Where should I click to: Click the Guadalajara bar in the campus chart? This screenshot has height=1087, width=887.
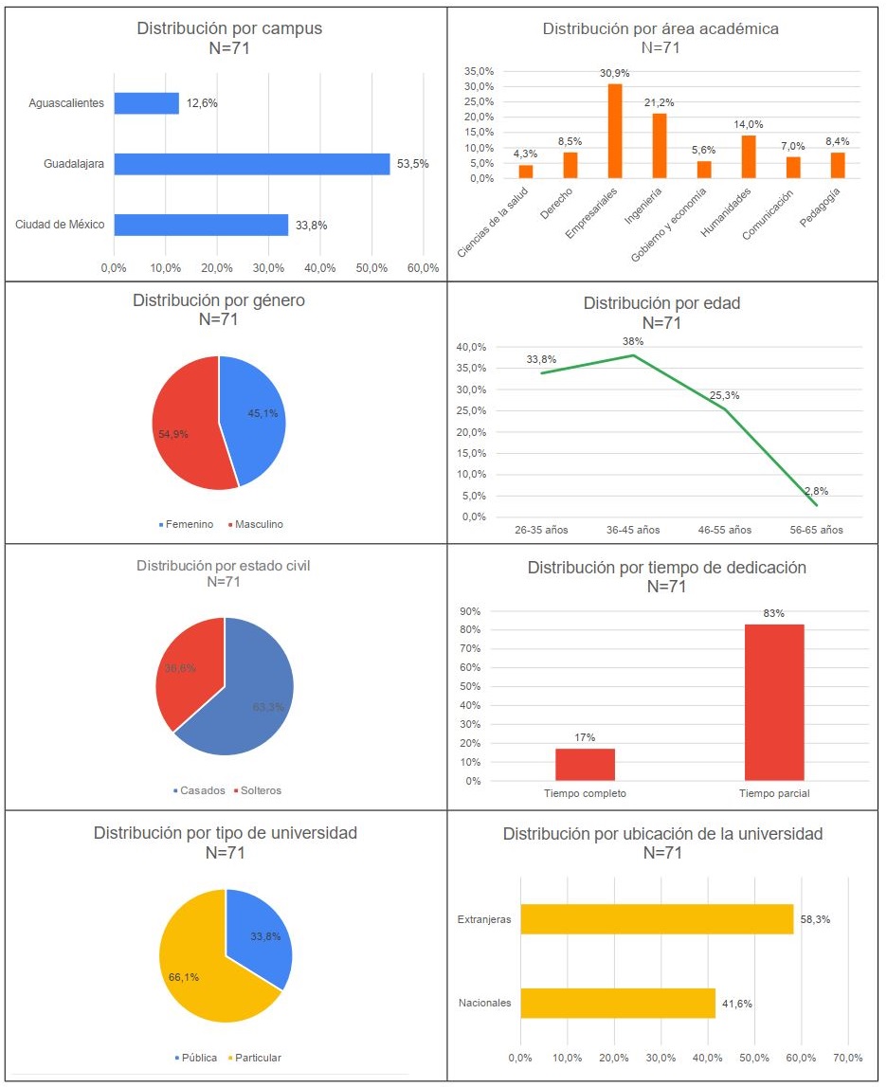[251, 164]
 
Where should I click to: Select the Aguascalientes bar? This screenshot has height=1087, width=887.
[146, 103]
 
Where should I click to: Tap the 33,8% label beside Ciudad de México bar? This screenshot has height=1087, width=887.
[312, 225]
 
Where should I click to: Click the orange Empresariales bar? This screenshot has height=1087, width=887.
[615, 131]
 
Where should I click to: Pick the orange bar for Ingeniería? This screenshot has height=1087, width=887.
[660, 146]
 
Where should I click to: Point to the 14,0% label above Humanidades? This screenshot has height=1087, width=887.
[749, 124]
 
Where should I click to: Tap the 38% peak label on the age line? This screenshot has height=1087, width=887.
[633, 341]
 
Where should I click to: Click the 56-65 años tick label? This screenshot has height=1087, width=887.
[818, 530]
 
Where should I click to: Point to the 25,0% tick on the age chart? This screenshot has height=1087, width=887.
[474, 410]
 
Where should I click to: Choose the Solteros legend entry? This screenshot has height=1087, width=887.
[256, 790]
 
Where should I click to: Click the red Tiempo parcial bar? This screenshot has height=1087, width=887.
[774, 701]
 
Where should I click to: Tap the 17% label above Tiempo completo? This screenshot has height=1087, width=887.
[585, 736]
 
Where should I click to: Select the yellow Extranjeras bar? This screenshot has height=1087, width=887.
[657, 919]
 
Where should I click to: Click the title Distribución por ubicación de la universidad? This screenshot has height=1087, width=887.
[662, 834]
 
